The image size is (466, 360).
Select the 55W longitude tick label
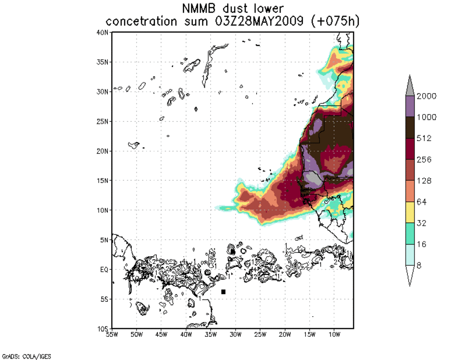[x=112, y=335]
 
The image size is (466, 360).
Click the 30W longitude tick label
[x=235, y=335]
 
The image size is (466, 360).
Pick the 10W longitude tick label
[x=334, y=335]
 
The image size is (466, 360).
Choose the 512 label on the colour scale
[x=428, y=138]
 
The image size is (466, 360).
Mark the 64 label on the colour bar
[x=426, y=202]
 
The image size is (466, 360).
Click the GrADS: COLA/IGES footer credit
[x=26, y=357]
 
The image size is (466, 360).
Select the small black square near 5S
[x=223, y=292]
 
